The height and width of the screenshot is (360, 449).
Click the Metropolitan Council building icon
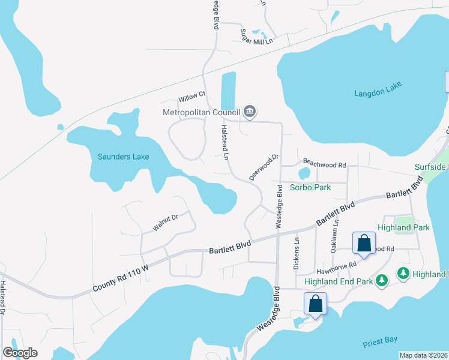pyautogui.click(x=250, y=112)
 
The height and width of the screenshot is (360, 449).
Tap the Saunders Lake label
pyautogui.click(x=123, y=157)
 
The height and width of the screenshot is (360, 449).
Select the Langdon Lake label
pyautogui.click(x=377, y=93)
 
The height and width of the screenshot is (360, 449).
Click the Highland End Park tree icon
pyautogui.click(x=381, y=280)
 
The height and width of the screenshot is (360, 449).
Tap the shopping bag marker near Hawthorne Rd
pyautogui.click(x=364, y=244)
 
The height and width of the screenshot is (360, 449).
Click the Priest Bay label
pyautogui.click(x=380, y=340)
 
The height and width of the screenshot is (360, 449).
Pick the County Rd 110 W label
pyautogui.click(x=121, y=281)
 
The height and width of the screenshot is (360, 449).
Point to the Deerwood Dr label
pyautogui.click(x=264, y=167)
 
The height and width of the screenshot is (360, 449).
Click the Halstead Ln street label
pyautogui.click(x=225, y=142)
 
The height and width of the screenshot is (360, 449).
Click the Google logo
pyautogui.click(x=20, y=353)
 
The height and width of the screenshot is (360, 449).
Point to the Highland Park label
pyautogui.click(x=403, y=227)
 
